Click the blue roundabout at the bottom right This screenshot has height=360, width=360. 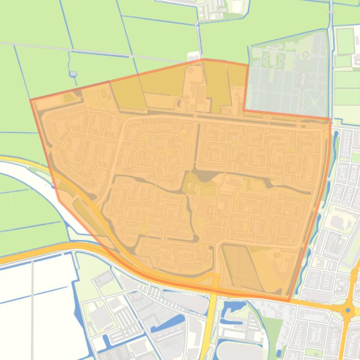pyautogui.click(x=348, y=310)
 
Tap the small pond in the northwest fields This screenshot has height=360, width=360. pyautogui.click(x=73, y=73)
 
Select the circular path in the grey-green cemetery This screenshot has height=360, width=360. pyautogui.click(x=305, y=55)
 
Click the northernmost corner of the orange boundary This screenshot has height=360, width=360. pyautogui.click(x=203, y=59)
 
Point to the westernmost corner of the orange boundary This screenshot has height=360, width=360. pyautogui.click(x=31, y=100)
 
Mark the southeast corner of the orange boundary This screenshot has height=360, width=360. pyautogui.click(x=289, y=300)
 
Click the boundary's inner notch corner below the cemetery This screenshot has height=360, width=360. pyautogui.click(x=244, y=110)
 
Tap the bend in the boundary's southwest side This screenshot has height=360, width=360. pyautogui.click(x=59, y=201)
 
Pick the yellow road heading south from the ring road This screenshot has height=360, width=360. pyautogui.click(x=212, y=323)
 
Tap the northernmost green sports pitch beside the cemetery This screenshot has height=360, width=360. pyautogui.click(x=346, y=41)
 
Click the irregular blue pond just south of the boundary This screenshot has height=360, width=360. pyautogui.click(x=232, y=309)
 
